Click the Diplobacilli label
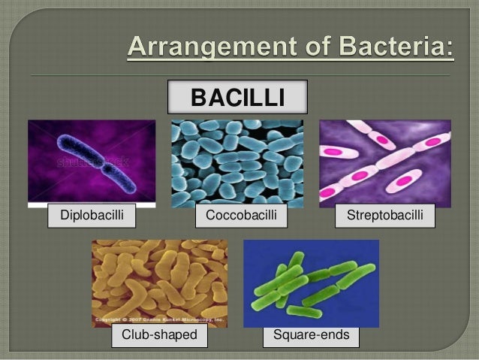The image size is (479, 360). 83,216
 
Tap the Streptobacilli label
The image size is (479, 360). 385,216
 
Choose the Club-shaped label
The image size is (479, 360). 159,334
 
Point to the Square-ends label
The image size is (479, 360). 311,334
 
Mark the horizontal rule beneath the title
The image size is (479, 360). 240,76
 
